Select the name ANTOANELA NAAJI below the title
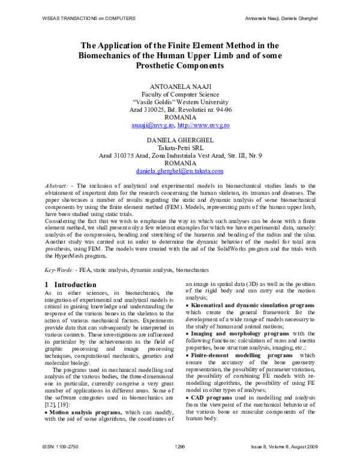tap(181, 86)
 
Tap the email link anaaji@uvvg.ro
tap(152, 126)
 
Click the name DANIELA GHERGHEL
tap(181, 140)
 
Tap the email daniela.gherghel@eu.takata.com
tap(181, 171)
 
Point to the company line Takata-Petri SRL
tap(181, 148)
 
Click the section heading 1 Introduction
tap(71, 284)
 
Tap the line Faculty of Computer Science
tap(181, 94)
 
